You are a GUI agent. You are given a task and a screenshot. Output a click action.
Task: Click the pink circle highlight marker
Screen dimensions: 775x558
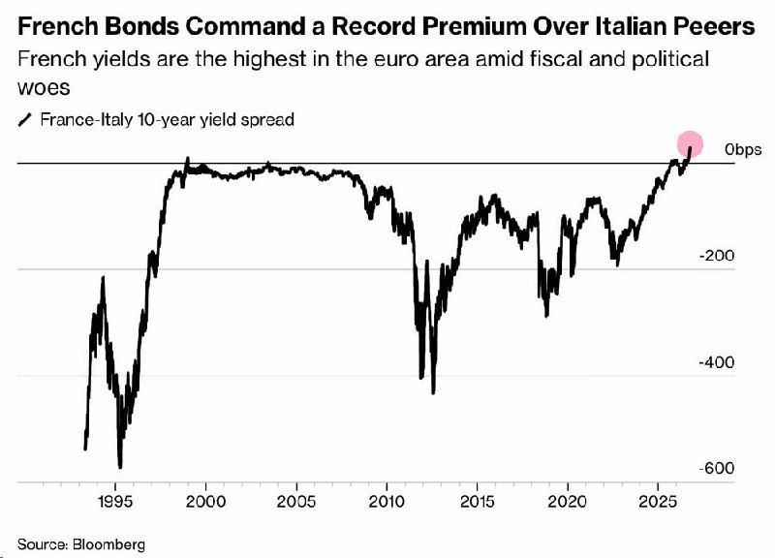tap(690, 143)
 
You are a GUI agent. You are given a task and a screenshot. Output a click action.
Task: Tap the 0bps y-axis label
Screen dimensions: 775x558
tap(743, 149)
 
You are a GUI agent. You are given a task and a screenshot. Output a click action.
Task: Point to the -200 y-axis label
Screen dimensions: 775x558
tap(717, 256)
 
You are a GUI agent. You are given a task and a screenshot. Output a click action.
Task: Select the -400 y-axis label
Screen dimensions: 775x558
tap(717, 362)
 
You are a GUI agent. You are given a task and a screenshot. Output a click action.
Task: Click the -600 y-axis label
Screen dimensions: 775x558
tap(717, 468)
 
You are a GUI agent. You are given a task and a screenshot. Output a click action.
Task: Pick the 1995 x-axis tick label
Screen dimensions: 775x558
tap(115, 502)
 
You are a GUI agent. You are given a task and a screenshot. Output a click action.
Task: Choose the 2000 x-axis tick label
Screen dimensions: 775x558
tap(205, 502)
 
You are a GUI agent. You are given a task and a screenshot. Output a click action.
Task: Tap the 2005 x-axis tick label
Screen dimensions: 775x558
tap(296, 502)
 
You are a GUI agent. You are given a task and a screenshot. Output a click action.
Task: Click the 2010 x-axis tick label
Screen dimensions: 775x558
tap(387, 502)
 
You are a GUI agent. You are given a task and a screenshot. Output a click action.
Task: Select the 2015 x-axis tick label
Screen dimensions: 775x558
tap(477, 502)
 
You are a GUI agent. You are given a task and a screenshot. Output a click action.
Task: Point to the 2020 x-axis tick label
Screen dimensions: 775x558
tap(568, 502)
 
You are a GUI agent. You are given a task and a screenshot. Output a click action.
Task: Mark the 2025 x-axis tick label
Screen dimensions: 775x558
tap(658, 502)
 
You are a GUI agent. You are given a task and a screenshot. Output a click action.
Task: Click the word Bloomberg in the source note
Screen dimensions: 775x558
tap(108, 544)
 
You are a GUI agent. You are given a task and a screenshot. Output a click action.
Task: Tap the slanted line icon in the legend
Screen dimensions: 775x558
tap(25, 119)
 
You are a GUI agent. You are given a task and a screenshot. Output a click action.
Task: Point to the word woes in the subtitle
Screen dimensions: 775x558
tap(44, 88)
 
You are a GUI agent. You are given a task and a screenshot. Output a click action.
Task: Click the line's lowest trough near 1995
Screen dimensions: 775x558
tap(120, 467)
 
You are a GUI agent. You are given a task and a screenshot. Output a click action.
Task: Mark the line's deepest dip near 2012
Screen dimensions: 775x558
tap(433, 393)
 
